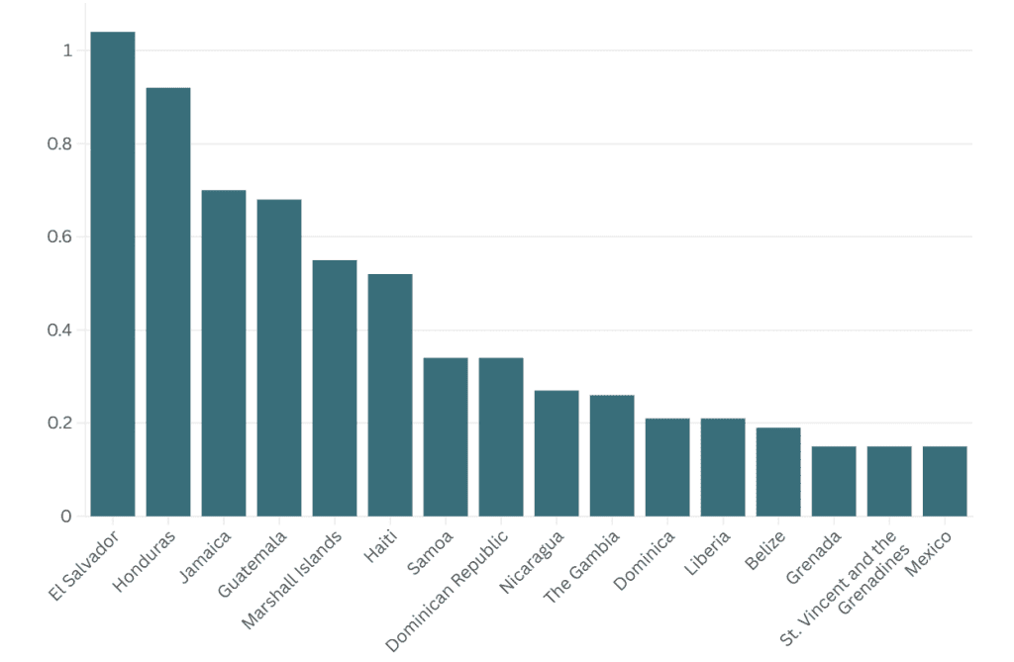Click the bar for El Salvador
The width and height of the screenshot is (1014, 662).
click(113, 274)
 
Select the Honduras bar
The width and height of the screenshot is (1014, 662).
click(168, 302)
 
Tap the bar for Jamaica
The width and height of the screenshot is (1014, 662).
click(224, 353)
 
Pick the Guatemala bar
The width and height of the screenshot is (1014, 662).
click(279, 358)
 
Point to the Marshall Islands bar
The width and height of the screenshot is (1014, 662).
click(335, 388)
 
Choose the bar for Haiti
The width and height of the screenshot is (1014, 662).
click(390, 395)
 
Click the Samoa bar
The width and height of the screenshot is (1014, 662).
click(446, 436)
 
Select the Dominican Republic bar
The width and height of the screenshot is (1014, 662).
click(501, 436)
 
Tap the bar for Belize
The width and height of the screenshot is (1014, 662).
click(778, 472)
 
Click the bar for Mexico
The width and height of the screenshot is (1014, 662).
click(945, 481)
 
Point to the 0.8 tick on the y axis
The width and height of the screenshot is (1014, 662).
click(60, 143)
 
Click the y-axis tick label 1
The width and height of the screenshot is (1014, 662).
click(67, 50)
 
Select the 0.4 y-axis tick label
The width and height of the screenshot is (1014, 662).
click(60, 331)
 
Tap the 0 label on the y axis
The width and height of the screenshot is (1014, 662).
click(67, 517)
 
